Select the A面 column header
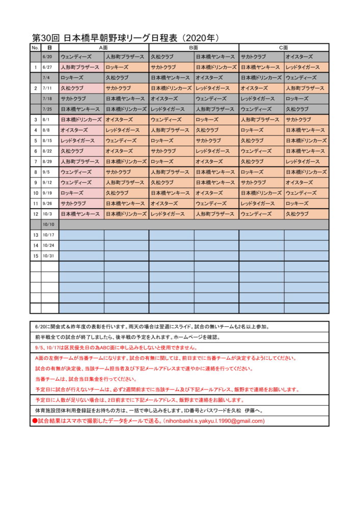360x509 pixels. coord(103,47)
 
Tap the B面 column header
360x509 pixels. coord(193,47)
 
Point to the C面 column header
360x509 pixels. coord(284,47)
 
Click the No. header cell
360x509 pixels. coord(35,47)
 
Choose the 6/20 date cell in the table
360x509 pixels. coord(50,56)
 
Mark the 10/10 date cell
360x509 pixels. coord(50,224)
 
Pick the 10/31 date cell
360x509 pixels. coord(50,256)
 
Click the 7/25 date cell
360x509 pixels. coord(50,109)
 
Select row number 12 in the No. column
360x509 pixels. coord(36,214)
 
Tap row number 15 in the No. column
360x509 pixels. coord(36,256)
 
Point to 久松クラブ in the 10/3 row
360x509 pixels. coord(297,214)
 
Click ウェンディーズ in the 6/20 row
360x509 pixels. coord(76,56)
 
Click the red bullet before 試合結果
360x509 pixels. coord(35,421)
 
